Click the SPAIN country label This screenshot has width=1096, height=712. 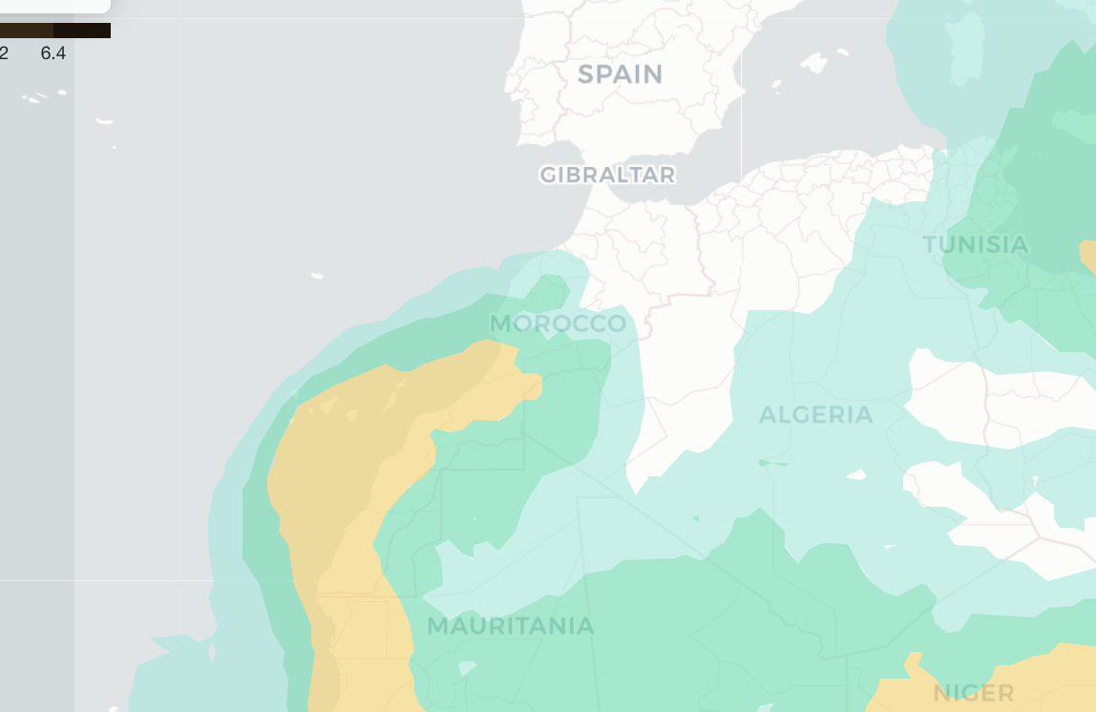[x=620, y=74]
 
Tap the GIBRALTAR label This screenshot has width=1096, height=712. [x=607, y=176]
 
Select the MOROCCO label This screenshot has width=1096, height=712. [x=558, y=324]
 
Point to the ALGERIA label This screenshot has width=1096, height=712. [x=815, y=415]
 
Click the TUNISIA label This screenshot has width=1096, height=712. [x=976, y=245]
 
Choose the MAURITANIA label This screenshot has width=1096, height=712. [x=510, y=627]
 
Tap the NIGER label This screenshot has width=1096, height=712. [x=974, y=693]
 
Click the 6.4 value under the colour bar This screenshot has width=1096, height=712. [x=53, y=53]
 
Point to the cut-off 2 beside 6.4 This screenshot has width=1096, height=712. [x=4, y=53]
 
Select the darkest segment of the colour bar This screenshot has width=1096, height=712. [x=95, y=31]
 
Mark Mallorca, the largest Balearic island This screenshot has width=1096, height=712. [x=813, y=63]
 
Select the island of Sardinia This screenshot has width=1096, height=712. [x=964, y=43]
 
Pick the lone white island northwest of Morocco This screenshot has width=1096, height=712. [x=317, y=276]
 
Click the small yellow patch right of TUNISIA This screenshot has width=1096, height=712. [x=1087, y=256]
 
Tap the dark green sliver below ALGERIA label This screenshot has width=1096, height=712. [x=774, y=464]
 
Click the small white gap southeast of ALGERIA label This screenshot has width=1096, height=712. [x=856, y=473]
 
